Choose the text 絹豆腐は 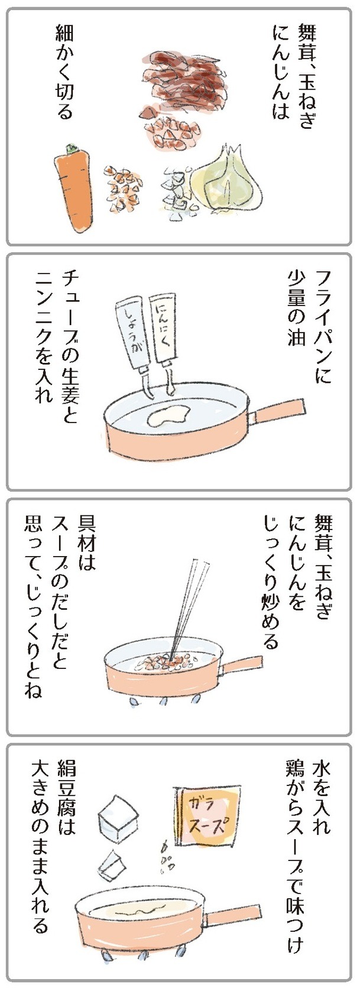(x=63, y=797)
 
